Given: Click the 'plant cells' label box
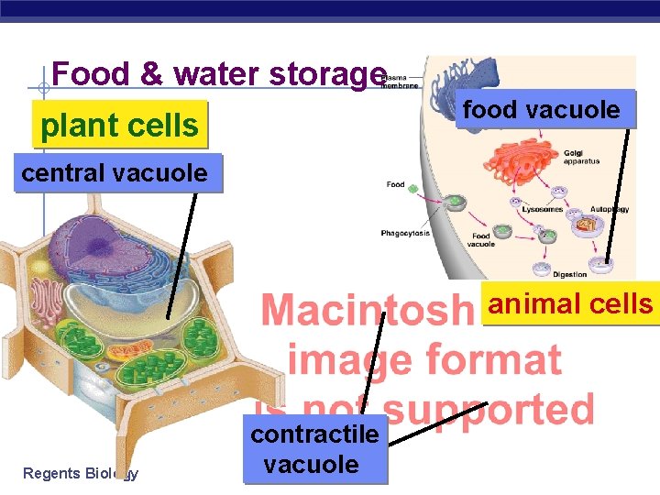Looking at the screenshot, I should point(120,125).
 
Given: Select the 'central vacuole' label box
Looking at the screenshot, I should point(115,172).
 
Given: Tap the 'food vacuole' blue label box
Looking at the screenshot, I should point(542,111).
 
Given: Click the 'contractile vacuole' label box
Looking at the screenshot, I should point(314,449).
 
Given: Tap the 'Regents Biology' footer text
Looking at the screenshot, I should point(80,473).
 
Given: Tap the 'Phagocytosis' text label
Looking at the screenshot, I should point(405,234).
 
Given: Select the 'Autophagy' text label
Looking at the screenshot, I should point(609,209).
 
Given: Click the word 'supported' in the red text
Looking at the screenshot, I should point(487,410).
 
